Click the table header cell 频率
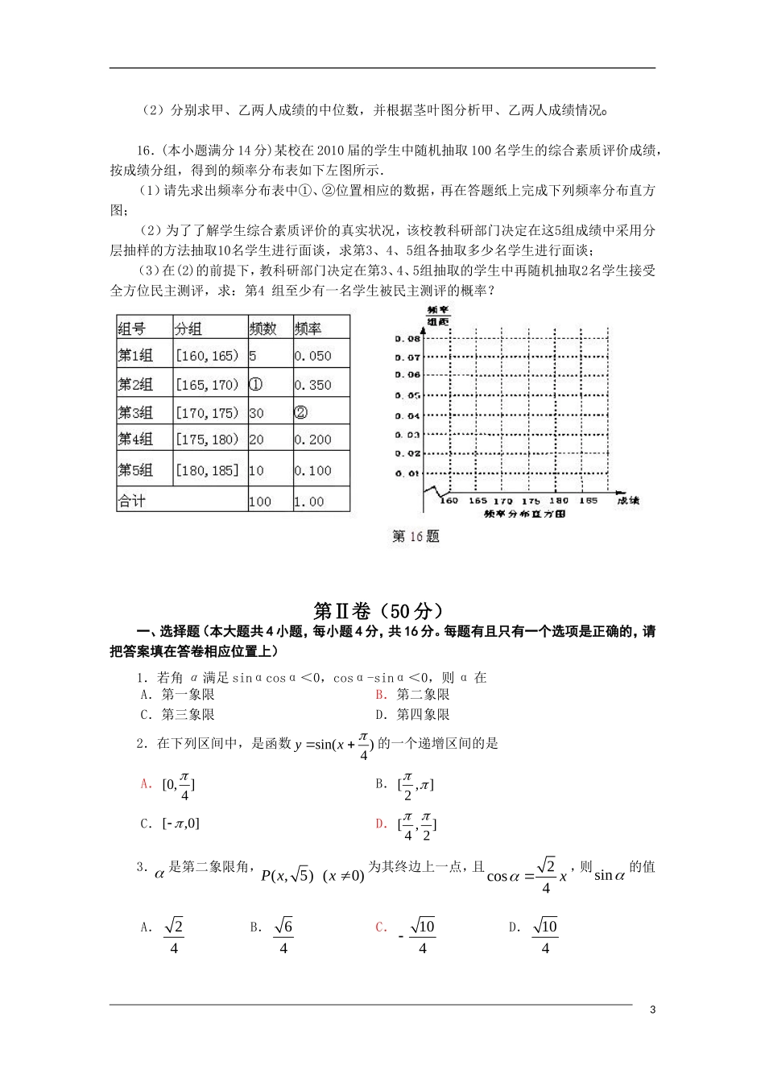point(308,328)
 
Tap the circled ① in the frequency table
point(255,384)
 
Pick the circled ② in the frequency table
point(300,412)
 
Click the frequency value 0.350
point(312,385)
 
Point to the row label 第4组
point(135,440)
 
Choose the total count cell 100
point(259,502)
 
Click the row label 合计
point(132,501)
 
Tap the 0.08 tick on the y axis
point(408,338)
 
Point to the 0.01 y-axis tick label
point(408,473)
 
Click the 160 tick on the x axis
point(449,501)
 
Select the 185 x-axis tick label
point(588,501)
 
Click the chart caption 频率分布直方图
point(525,513)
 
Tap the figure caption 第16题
point(416,536)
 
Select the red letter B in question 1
point(381,694)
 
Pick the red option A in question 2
point(146,783)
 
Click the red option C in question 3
point(381,927)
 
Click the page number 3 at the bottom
point(652,1010)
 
